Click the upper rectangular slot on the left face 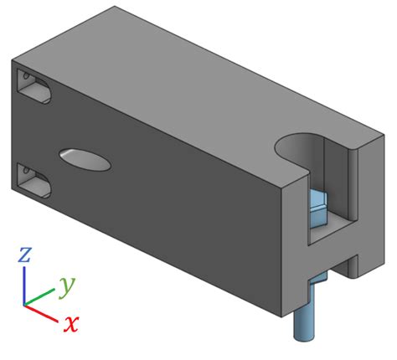click(x=33, y=87)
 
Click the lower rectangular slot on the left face click(x=34, y=178)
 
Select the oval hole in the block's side click(x=85, y=158)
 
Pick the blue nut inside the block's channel click(x=318, y=209)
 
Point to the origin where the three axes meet click(x=25, y=304)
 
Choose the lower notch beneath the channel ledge click(x=333, y=266)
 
